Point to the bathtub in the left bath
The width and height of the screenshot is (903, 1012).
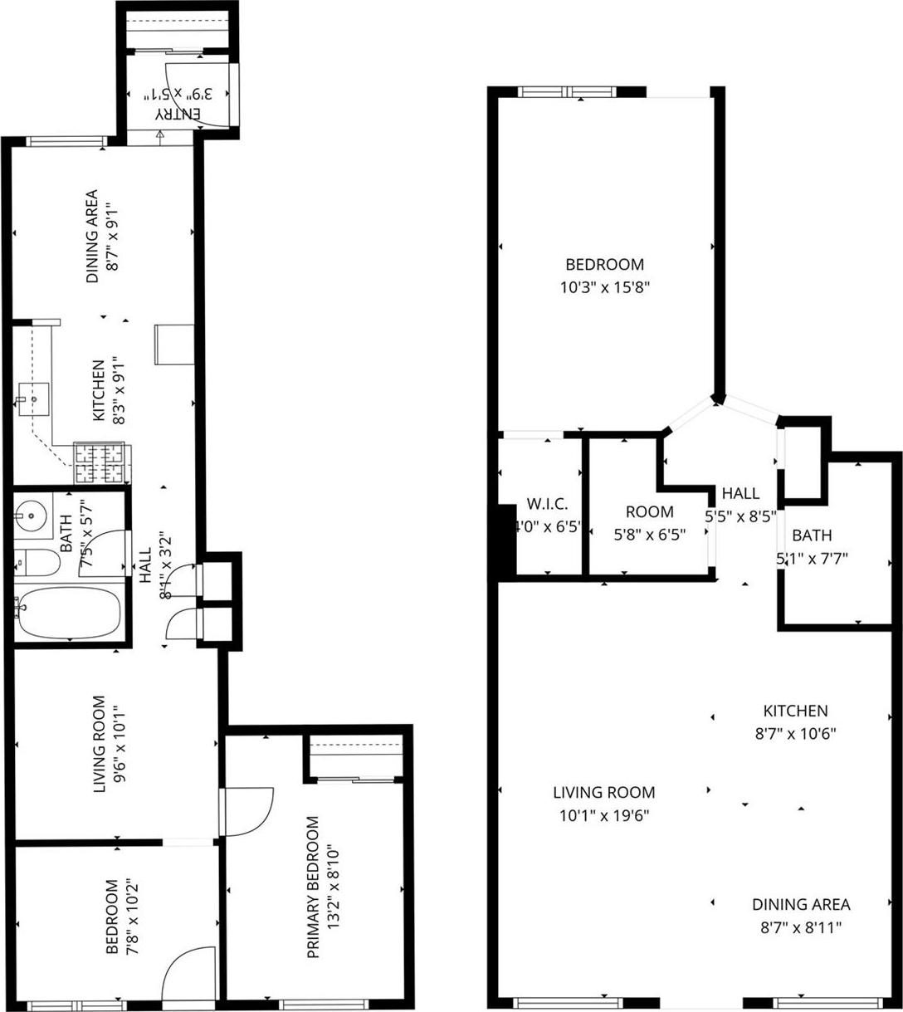[69, 614]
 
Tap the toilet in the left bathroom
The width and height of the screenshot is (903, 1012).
[39, 565]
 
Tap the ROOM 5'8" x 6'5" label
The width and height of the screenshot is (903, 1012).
[649, 523]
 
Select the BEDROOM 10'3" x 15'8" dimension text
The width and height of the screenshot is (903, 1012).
[604, 288]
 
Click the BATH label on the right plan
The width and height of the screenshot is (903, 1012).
[811, 535]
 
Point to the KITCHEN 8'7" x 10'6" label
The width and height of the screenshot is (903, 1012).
[795, 722]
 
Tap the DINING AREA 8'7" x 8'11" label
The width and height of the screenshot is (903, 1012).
[800, 916]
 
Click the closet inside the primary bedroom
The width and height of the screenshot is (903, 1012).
[355, 757]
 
